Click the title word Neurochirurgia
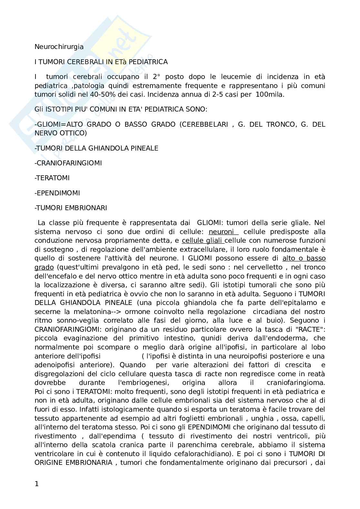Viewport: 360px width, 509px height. (x=59, y=47)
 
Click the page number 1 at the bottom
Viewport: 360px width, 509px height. (x=36, y=484)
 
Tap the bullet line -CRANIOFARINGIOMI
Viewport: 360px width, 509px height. (x=68, y=163)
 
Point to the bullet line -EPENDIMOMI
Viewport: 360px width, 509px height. (x=57, y=193)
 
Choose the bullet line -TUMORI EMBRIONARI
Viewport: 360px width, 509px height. (x=71, y=208)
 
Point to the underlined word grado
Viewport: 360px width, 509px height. (x=44, y=267)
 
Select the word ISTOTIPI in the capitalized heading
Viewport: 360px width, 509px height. (x=58, y=109)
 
